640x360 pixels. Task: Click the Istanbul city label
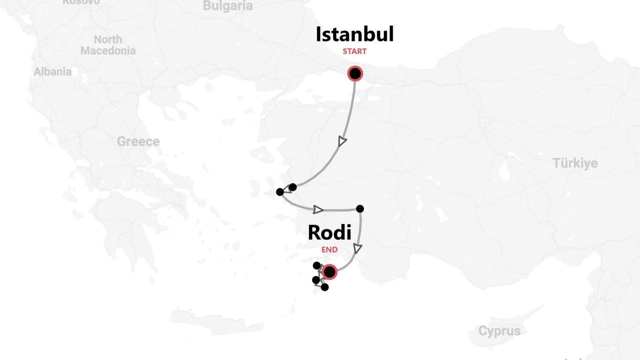(x=354, y=34)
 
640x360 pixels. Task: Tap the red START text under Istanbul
(x=354, y=51)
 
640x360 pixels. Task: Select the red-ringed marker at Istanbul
(x=355, y=74)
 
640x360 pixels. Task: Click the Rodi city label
(x=329, y=232)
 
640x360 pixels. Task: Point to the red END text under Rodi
(x=329, y=249)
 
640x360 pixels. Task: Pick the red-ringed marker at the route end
(x=329, y=272)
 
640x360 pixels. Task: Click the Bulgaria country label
(x=228, y=6)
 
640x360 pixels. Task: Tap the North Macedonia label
(x=108, y=45)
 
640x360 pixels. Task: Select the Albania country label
(x=52, y=71)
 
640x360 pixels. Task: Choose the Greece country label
(x=138, y=141)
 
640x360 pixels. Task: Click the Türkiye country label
(x=575, y=163)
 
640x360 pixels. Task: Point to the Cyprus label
(x=499, y=331)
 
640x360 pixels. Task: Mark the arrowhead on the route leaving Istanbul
(x=342, y=141)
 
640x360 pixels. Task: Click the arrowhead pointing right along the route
(x=318, y=209)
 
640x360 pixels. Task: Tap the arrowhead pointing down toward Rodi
(x=358, y=248)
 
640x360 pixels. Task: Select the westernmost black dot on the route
(x=280, y=192)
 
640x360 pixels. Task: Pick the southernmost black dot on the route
(x=325, y=287)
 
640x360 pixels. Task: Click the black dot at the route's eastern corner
(x=359, y=209)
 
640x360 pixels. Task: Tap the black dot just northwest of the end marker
(x=316, y=265)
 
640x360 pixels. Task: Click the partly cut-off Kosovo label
(x=81, y=2)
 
